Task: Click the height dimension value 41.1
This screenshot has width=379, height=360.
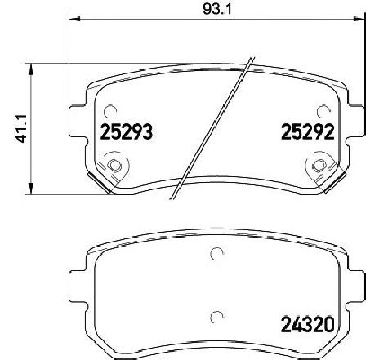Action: tap(14, 128)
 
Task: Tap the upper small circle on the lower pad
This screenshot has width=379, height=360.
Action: tap(216, 254)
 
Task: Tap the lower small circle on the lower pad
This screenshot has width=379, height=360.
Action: tap(216, 318)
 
